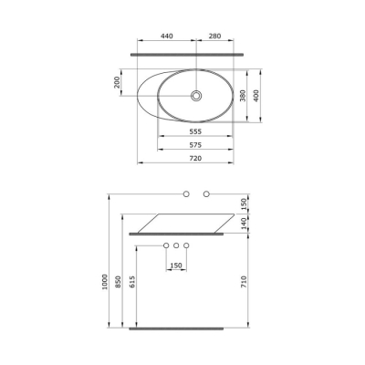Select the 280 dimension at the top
pyautogui.click(x=214, y=36)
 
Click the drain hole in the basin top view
pyautogui.click(x=196, y=95)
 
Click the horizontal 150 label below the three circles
pyautogui.click(x=175, y=265)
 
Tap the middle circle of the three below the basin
pyautogui.click(x=175, y=246)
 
